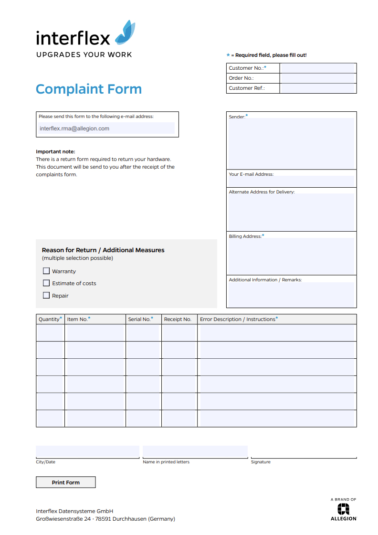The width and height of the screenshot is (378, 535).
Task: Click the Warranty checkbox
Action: pyautogui.click(x=46, y=271)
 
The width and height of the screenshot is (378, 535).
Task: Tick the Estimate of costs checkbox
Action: pyautogui.click(x=46, y=283)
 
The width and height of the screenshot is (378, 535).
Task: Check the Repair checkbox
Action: pyautogui.click(x=46, y=295)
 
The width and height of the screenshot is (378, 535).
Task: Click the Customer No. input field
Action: pyautogui.click(x=318, y=68)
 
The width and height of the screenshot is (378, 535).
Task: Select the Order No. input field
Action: pyautogui.click(x=318, y=78)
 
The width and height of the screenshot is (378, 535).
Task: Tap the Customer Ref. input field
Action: pyautogui.click(x=318, y=88)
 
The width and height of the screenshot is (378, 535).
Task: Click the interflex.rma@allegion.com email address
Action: pyautogui.click(x=74, y=128)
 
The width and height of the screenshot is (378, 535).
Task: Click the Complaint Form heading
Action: pyautogui.click(x=89, y=89)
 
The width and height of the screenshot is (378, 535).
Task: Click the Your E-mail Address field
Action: pyautogui.click(x=291, y=181)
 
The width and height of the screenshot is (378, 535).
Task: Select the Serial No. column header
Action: pyautogui.click(x=140, y=319)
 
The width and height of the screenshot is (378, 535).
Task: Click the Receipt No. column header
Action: pyautogui.click(x=178, y=319)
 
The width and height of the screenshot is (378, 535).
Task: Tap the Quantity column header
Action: pyautogui.click(x=50, y=319)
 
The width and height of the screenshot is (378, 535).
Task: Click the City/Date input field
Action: pyautogui.click(x=87, y=451)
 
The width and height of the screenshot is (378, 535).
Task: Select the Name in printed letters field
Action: pyautogui.click(x=195, y=451)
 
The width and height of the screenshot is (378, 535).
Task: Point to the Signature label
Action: pyautogui.click(x=261, y=462)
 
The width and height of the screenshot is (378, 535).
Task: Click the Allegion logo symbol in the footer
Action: pyautogui.click(x=344, y=510)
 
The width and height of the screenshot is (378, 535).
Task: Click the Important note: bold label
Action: pyautogui.click(x=55, y=151)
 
